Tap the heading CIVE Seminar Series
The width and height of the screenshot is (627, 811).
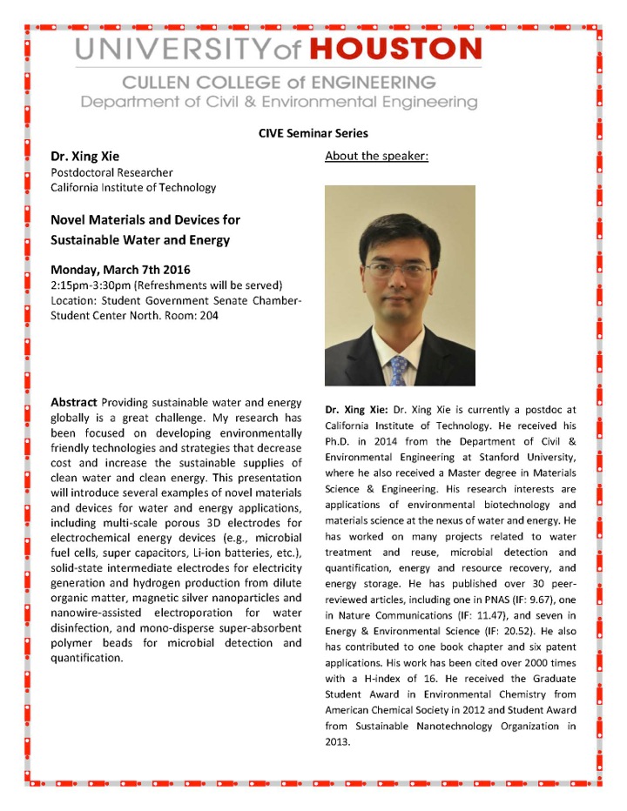click(x=313, y=133)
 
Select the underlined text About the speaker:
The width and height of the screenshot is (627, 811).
click(x=376, y=157)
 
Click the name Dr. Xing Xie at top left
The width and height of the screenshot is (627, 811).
click(x=85, y=158)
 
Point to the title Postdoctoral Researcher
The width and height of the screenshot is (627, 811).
click(x=111, y=173)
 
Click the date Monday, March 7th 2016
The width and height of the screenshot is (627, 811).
click(x=120, y=269)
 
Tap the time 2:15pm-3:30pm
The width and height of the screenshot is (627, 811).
click(x=90, y=285)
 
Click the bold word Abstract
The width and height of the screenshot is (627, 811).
click(x=74, y=403)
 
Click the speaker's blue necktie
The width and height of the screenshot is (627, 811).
click(x=398, y=370)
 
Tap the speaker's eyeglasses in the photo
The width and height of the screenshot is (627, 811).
click(x=395, y=268)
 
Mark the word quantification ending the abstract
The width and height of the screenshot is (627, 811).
click(x=86, y=658)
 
